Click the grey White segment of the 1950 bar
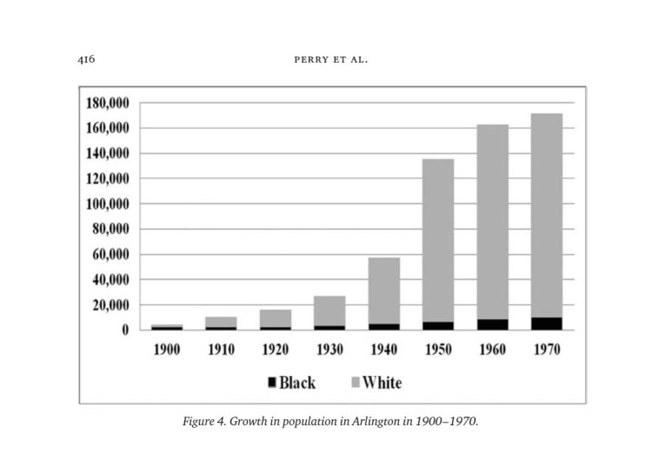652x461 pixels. coord(438,240)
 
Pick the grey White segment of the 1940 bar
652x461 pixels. coord(383,291)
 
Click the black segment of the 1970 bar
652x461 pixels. coord(546,324)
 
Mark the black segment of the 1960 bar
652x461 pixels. coord(492,324)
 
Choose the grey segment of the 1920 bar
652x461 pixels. coord(275,318)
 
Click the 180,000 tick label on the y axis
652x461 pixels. coord(108,104)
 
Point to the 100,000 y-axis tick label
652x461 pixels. coord(108,204)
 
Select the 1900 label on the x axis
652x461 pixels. coord(166,350)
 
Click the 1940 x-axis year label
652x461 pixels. coord(383,350)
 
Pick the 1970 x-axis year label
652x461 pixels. coord(546,350)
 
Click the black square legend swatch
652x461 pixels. coord(271,383)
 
